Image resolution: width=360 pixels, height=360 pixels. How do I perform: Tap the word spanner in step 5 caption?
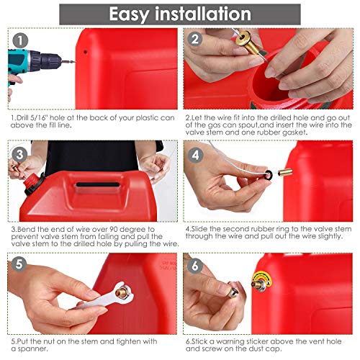(22, 348)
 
